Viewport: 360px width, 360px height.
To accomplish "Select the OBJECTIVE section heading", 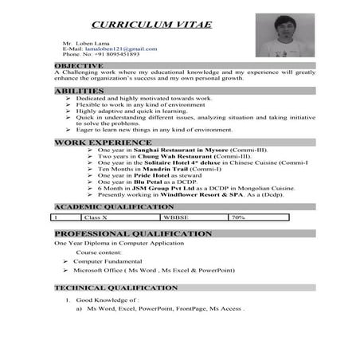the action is [79, 65].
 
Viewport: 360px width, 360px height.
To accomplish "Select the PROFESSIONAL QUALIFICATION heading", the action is [132, 234].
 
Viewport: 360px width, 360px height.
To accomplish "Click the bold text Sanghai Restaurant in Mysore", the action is [170, 150].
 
